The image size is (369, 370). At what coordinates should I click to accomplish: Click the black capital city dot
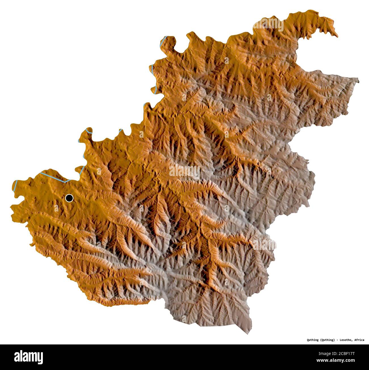click(69, 198)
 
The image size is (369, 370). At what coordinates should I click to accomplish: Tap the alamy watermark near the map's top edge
click(268, 25)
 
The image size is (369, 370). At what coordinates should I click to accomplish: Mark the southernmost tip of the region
click(251, 326)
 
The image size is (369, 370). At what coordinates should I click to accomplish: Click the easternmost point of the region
click(358, 81)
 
